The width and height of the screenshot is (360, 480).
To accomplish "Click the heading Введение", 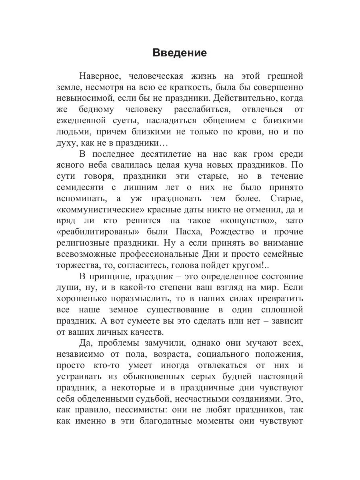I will click(x=180, y=53).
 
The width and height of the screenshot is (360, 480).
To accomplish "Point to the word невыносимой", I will click(x=83, y=98).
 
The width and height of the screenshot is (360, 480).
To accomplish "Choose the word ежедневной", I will click(x=85, y=120).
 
